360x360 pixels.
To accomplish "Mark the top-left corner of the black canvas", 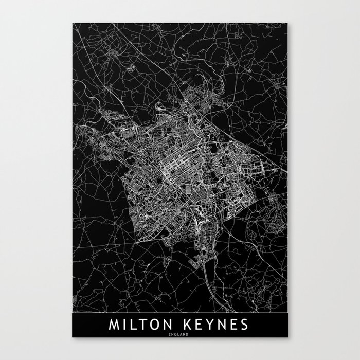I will click(x=73, y=23).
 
